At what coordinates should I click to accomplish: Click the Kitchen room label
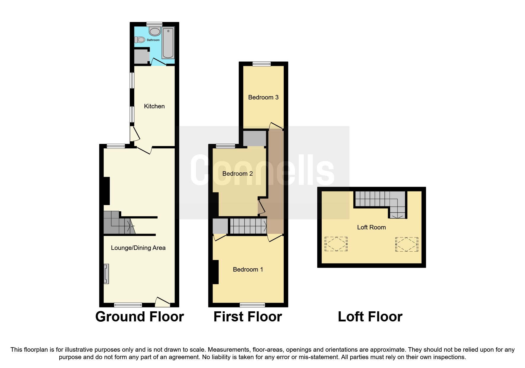(x=154, y=106)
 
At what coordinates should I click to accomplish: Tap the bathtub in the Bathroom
(x=168, y=43)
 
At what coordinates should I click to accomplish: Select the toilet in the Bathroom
(x=140, y=39)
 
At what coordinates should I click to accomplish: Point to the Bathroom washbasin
(x=154, y=31)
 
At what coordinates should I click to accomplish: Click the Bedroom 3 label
(x=263, y=97)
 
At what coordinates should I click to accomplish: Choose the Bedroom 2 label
(x=237, y=174)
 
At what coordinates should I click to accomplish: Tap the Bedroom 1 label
(x=248, y=269)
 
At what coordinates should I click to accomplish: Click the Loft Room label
(x=371, y=227)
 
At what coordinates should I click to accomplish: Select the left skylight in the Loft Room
(x=336, y=244)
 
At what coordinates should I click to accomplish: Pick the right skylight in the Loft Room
(x=407, y=244)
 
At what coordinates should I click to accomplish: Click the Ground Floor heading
(x=140, y=317)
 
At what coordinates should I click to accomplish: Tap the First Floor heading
(x=248, y=317)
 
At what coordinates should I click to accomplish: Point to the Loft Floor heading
(x=370, y=317)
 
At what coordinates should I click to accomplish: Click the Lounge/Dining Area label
(x=138, y=248)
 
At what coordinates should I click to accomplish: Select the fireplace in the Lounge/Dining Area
(x=106, y=274)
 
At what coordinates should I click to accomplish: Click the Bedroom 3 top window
(x=261, y=64)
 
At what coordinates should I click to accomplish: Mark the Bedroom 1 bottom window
(x=252, y=304)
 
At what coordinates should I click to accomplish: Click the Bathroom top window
(x=154, y=24)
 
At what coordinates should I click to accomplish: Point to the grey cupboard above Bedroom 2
(x=254, y=138)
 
